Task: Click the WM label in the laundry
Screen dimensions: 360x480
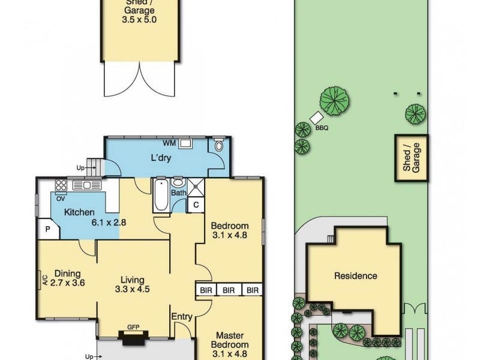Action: click(170, 144)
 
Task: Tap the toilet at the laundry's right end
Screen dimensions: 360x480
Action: click(218, 146)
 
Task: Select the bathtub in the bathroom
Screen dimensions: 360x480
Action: click(161, 195)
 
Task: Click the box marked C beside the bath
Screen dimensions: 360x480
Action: click(196, 205)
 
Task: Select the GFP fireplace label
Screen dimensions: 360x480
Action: click(133, 328)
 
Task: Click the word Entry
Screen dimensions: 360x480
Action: click(182, 317)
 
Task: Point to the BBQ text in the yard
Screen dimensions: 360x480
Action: click(322, 128)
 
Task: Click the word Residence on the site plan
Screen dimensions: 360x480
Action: click(356, 276)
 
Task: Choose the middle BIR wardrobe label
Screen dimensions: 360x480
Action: click(229, 290)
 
